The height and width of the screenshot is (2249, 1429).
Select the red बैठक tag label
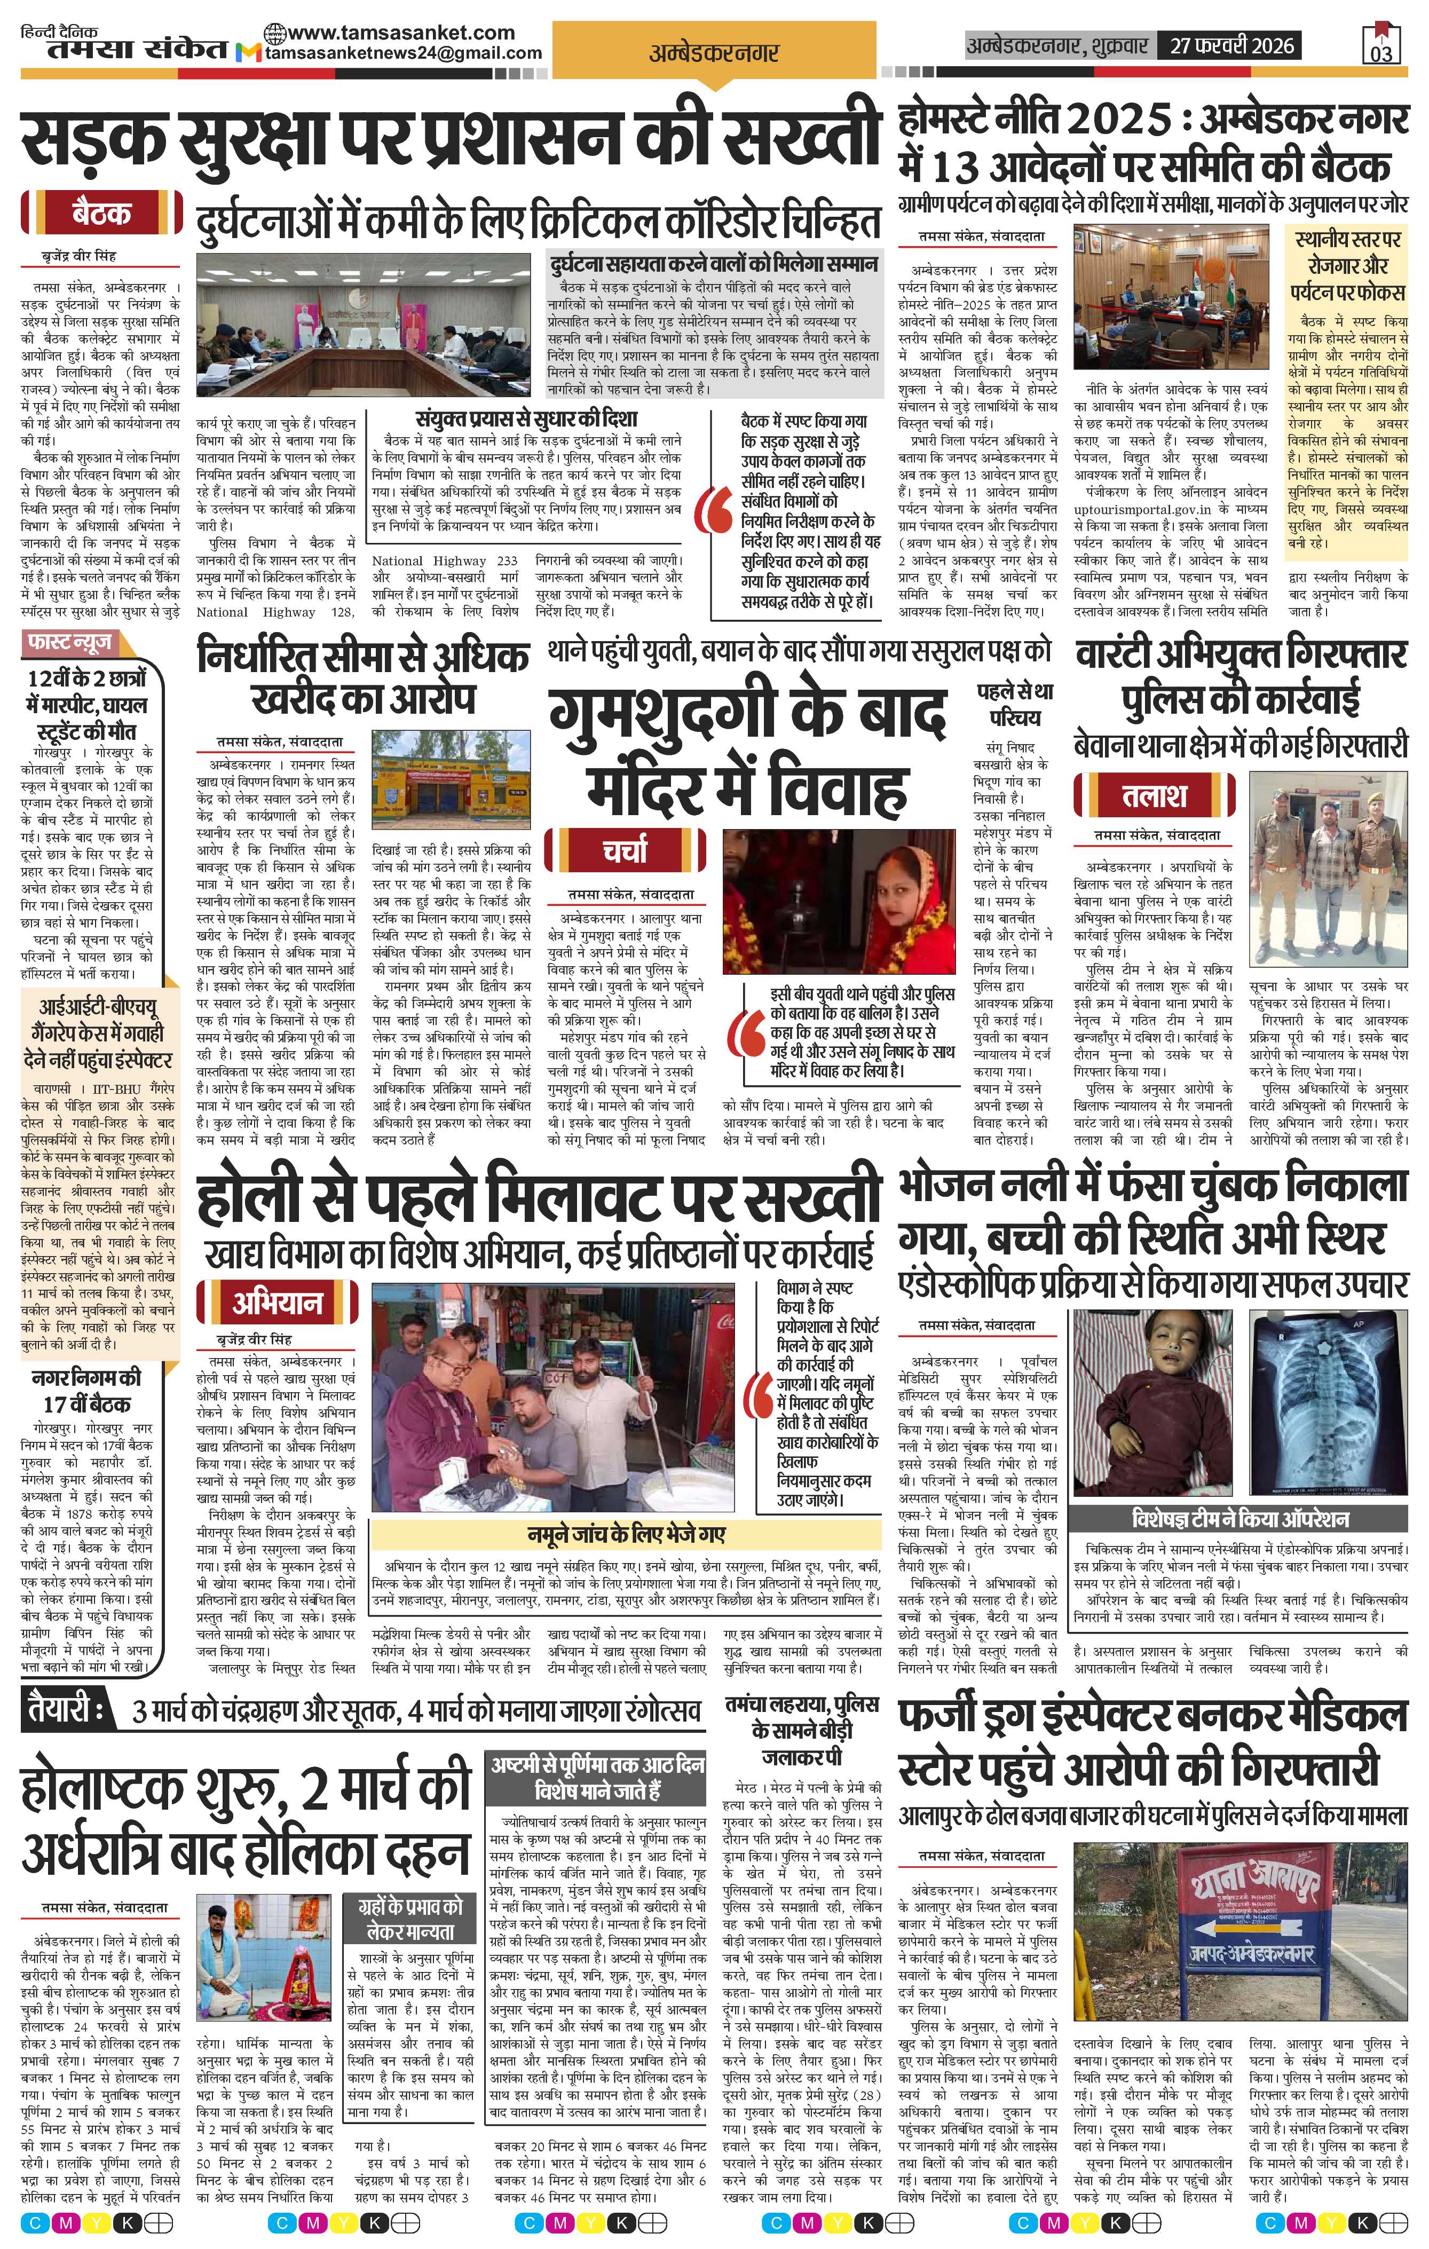tap(100, 214)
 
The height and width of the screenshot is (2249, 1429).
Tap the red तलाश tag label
tap(1155, 796)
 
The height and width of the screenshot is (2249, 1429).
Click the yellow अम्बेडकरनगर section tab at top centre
tap(714, 54)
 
